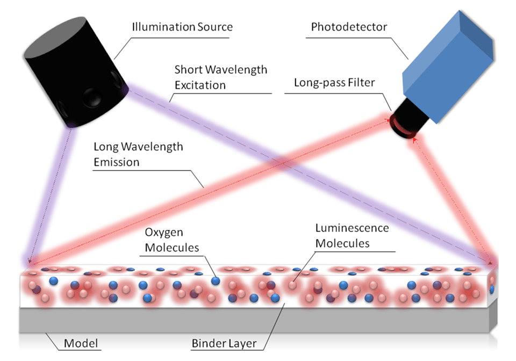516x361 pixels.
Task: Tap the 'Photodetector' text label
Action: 341,26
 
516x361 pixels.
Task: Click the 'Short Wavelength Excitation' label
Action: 220,78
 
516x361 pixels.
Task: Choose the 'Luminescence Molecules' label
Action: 352,236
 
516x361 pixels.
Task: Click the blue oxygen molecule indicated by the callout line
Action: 215,280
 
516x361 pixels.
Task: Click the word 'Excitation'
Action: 200,85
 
